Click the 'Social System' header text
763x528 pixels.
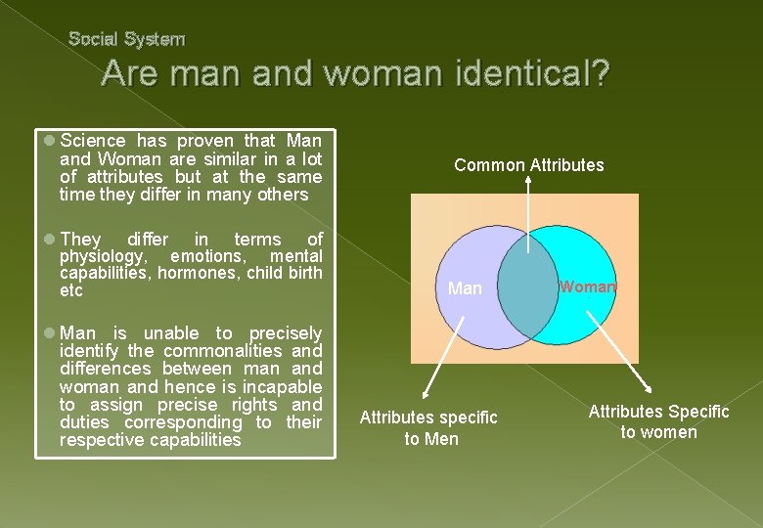pos(126,39)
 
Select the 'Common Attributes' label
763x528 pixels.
pos(528,165)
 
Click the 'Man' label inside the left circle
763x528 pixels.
pos(465,288)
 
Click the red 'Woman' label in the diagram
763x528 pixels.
pos(588,286)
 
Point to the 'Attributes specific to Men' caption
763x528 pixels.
pos(428,428)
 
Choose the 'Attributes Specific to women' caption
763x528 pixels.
pos(658,422)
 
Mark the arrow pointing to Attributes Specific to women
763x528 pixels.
pos(616,353)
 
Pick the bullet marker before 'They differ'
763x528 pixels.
pos(48,240)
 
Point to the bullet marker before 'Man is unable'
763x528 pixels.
pos(48,333)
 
